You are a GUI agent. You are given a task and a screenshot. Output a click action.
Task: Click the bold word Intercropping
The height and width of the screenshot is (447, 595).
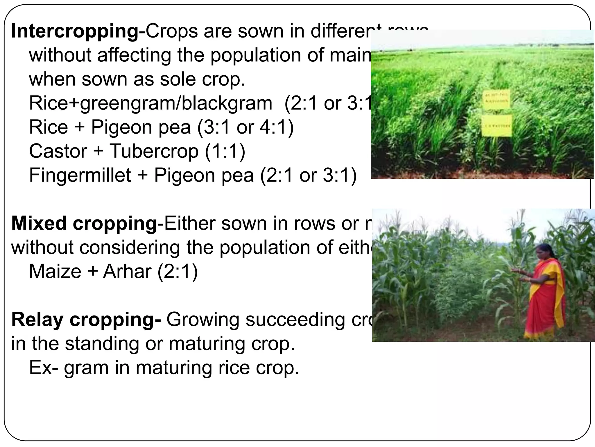click(x=75, y=31)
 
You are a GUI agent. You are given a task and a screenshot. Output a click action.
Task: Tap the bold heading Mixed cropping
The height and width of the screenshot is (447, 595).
click(x=84, y=223)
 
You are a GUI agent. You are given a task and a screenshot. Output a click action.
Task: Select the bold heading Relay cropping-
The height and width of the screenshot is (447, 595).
click(x=86, y=320)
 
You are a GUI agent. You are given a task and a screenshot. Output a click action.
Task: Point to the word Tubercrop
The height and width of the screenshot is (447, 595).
click(x=154, y=151)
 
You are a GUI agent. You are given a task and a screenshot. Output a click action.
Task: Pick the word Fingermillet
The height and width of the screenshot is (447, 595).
click(x=80, y=175)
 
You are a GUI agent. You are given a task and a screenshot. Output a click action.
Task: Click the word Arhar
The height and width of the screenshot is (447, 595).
click(x=127, y=271)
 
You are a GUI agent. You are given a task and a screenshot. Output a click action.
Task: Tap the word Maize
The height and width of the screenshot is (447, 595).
click(x=55, y=271)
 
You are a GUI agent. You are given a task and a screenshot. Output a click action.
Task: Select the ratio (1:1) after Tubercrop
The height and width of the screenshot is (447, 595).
click(x=225, y=151)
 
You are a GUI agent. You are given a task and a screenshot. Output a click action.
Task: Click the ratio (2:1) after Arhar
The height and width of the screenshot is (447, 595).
click(x=178, y=271)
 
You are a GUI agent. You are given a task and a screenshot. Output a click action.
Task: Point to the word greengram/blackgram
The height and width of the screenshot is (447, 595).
click(x=176, y=103)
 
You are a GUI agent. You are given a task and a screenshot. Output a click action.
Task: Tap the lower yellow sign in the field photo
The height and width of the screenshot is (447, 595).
click(x=497, y=125)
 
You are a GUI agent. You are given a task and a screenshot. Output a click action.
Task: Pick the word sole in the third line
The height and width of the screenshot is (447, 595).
click(x=178, y=79)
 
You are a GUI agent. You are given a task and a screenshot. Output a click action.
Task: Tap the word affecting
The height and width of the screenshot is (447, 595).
click(x=134, y=55)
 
